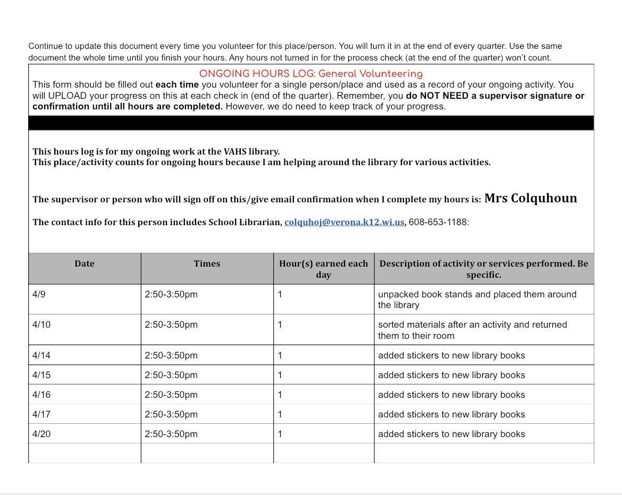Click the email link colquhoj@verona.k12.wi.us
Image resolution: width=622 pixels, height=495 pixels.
click(344, 222)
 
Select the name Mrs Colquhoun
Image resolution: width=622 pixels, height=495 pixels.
click(530, 198)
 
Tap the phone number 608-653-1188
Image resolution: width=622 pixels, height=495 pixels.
click(438, 222)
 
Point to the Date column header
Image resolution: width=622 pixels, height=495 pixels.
click(85, 263)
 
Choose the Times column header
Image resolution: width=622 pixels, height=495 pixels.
click(207, 263)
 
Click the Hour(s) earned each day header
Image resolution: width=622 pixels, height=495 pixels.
click(323, 269)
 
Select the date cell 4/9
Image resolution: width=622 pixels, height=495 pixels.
click(39, 294)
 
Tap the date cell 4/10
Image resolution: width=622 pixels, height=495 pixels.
click(41, 325)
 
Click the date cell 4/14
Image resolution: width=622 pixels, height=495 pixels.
click(41, 355)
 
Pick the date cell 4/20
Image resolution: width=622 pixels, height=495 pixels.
click(41, 434)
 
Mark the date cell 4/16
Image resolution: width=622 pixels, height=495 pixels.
click(41, 395)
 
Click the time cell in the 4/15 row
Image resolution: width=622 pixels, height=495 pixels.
click(171, 375)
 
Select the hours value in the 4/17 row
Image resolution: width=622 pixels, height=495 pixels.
click(280, 414)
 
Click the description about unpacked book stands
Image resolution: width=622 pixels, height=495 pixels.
click(477, 300)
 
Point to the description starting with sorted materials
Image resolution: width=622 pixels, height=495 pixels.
click(472, 330)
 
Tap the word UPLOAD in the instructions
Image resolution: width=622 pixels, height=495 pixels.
click(69, 96)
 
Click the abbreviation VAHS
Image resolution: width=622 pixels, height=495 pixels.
click(235, 151)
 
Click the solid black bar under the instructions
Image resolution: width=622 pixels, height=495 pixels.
click(311, 123)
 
